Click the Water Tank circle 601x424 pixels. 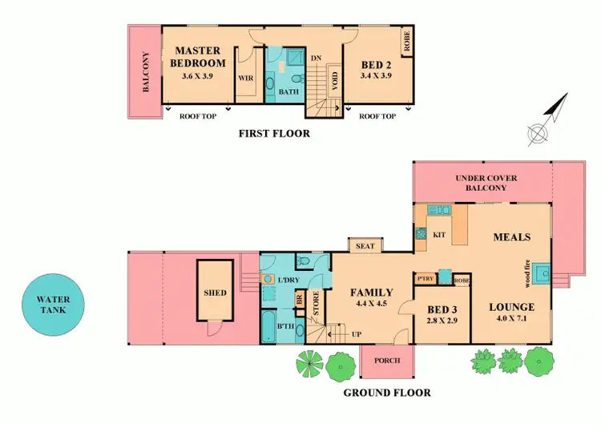[x=52, y=305]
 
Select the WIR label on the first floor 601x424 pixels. [x=245, y=79]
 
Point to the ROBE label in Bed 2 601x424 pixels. [x=408, y=42]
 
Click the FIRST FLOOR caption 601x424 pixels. [x=274, y=134]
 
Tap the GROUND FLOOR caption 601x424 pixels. [x=387, y=393]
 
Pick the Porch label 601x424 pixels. [x=386, y=361]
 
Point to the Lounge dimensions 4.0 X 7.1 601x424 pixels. [x=513, y=319]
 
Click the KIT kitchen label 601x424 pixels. [x=439, y=235]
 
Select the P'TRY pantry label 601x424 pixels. [x=426, y=278]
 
